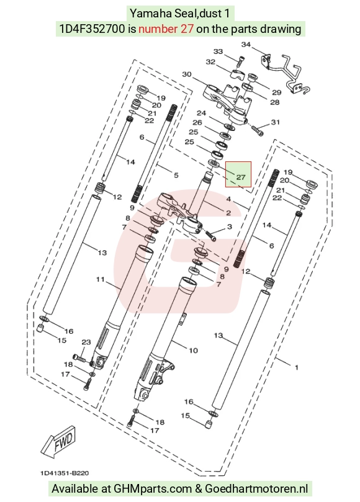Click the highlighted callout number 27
241,177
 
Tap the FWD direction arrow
59,441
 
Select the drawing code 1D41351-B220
65,473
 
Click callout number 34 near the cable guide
246,45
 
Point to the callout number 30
187,74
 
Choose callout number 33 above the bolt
218,52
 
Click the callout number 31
276,122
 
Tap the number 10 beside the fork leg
193,350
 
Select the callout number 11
101,279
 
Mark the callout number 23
86,342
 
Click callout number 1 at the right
297,367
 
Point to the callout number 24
202,113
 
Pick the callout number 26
197,123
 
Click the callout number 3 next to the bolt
229,226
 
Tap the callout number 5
176,175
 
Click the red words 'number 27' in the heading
166,29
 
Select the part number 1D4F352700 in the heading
92,29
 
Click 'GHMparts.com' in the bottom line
153,489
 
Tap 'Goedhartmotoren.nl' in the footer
256,489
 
